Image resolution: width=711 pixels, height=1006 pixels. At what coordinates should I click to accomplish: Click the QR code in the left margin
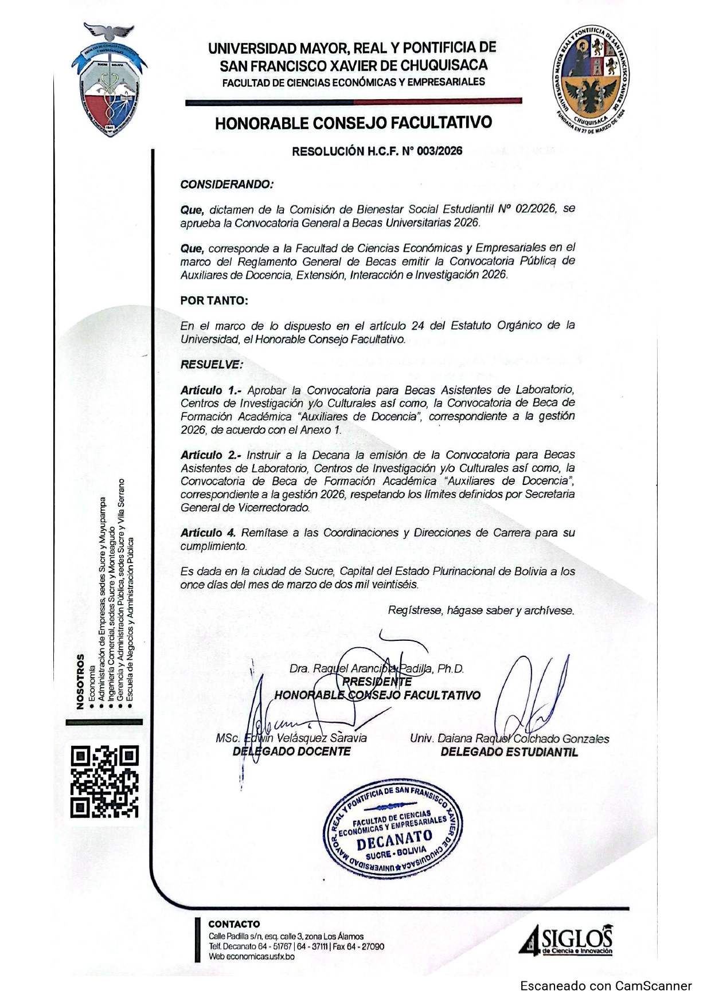[x=104, y=781]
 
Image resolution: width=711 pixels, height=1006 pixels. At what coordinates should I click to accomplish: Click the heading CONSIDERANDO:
[x=227, y=185]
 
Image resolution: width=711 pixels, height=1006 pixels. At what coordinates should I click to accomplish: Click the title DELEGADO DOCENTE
[x=291, y=751]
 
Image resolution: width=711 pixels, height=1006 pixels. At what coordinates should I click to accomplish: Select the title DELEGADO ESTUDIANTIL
[x=509, y=752]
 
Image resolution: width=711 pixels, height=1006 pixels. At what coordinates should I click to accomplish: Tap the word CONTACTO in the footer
[x=234, y=924]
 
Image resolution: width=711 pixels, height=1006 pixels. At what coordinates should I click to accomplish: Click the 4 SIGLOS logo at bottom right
[x=567, y=941]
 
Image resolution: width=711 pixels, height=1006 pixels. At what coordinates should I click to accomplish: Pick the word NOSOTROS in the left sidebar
[x=80, y=682]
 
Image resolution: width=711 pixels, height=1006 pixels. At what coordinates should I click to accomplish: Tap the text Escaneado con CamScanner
[x=606, y=986]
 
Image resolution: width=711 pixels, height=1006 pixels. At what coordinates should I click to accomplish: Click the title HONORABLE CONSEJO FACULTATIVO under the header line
[x=353, y=123]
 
